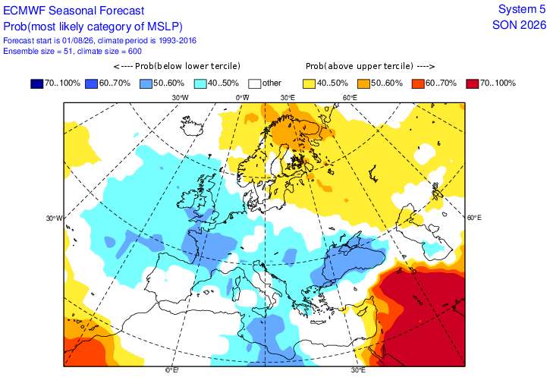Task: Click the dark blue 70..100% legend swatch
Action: pyautogui.click(x=37, y=83)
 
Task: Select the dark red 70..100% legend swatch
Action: pyautogui.click(x=473, y=83)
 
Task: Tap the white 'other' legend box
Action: pyautogui.click(x=255, y=83)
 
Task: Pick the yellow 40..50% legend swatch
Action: pyautogui.click(x=310, y=83)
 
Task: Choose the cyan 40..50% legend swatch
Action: pyautogui.click(x=200, y=83)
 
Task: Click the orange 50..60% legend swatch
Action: pyautogui.click(x=363, y=83)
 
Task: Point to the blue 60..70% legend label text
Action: pyautogui.click(x=115, y=83)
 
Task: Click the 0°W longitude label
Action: pyautogui.click(x=242, y=98)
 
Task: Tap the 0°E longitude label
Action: pyautogui.click(x=172, y=370)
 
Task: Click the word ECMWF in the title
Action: pyautogui.click(x=24, y=11)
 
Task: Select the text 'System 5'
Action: pyautogui.click(x=522, y=9)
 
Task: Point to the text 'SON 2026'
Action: pyautogui.click(x=519, y=25)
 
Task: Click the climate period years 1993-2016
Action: pyautogui.click(x=177, y=40)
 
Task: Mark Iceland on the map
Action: pyautogui.click(x=191, y=126)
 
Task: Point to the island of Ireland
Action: pyautogui.click(x=189, y=199)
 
